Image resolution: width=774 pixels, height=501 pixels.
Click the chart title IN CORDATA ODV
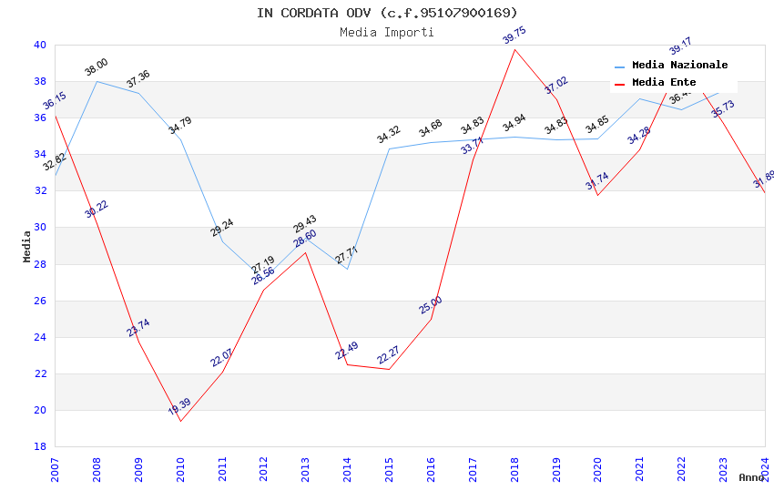(387, 13)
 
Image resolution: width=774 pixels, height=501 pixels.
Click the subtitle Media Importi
(387, 33)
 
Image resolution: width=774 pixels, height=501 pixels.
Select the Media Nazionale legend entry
(679, 66)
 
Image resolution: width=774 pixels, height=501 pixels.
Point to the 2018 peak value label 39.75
(514, 36)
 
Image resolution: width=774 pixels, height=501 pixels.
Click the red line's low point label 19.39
(179, 407)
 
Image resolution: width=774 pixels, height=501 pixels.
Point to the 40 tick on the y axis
(40, 45)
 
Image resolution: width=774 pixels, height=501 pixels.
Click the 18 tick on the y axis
(40, 446)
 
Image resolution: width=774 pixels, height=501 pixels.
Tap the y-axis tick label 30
(40, 228)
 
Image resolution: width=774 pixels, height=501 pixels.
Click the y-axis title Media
(27, 246)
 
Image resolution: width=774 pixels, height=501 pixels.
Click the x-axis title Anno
(751, 477)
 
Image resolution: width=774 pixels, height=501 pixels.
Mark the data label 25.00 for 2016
(431, 305)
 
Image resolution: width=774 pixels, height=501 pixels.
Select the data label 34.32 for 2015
(389, 136)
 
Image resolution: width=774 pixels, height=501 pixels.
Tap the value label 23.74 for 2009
(138, 328)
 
